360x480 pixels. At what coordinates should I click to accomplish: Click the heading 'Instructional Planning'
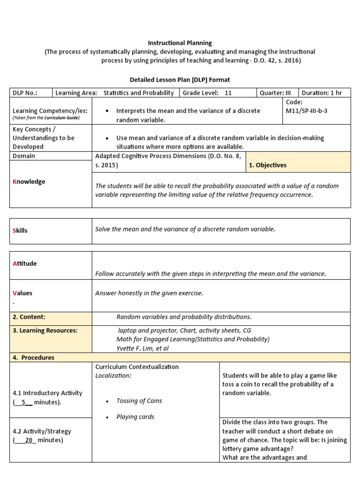(x=180, y=43)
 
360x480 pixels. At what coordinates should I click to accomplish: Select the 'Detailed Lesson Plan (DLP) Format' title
(x=180, y=80)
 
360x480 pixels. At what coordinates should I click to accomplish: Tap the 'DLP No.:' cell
(x=25, y=93)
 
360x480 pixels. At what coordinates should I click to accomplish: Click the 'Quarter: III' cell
(x=275, y=93)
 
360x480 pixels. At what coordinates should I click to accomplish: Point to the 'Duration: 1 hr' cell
(x=324, y=93)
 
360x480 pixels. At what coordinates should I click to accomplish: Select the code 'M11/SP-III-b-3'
(x=307, y=111)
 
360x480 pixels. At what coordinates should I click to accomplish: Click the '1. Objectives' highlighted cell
(x=268, y=165)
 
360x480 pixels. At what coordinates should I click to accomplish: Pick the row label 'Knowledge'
(x=29, y=181)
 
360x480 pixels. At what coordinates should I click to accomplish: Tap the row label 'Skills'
(x=20, y=231)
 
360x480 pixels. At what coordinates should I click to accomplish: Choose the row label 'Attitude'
(x=24, y=263)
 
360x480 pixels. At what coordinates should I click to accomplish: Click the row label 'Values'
(x=22, y=293)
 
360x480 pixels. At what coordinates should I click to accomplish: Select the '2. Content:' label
(x=29, y=316)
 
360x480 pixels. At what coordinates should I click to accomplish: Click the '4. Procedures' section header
(x=33, y=357)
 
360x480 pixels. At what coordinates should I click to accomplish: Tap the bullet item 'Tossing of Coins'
(x=140, y=401)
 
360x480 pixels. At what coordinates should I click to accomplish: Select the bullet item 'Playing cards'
(x=135, y=417)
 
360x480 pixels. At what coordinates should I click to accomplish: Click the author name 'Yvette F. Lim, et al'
(x=142, y=348)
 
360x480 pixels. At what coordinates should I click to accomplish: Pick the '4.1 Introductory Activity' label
(x=47, y=393)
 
